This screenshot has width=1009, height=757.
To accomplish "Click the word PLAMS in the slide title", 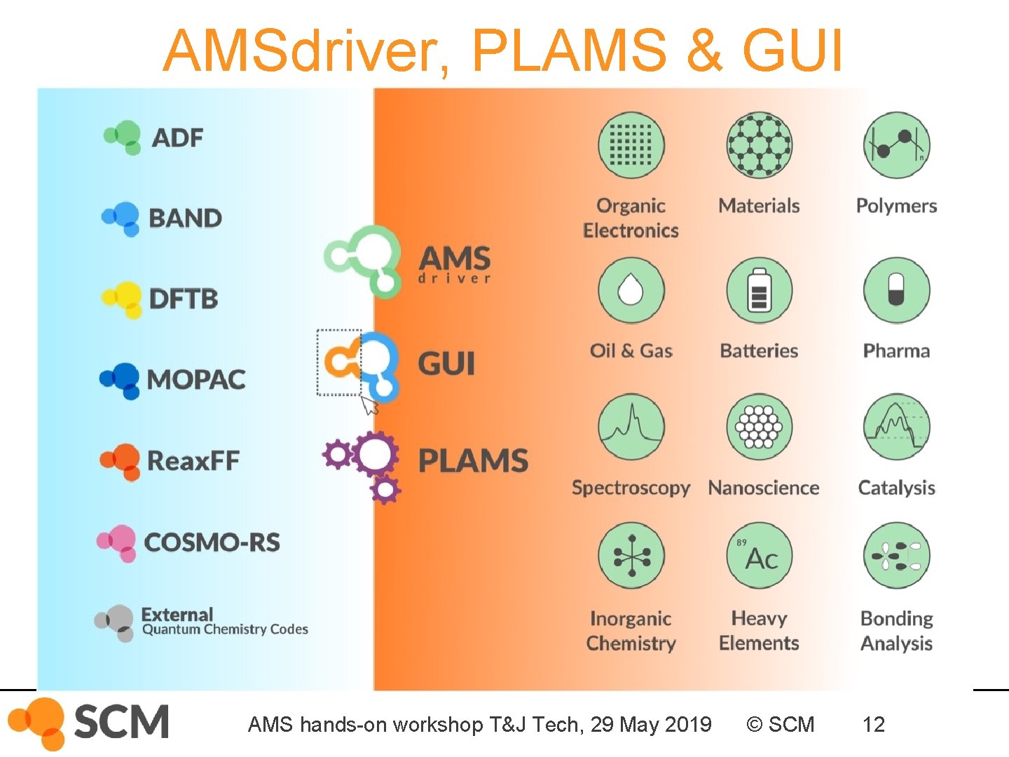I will click(569, 50).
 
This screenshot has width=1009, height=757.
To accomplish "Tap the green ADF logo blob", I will click(124, 136).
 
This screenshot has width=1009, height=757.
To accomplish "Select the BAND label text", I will click(185, 218).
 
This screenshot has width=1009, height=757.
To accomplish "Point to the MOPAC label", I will click(196, 379).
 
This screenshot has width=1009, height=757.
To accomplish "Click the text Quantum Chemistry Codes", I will click(225, 629).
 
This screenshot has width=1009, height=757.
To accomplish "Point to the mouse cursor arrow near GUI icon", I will click(369, 404).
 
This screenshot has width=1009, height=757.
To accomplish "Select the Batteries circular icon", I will click(759, 289).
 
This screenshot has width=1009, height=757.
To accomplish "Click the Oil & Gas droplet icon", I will click(631, 289).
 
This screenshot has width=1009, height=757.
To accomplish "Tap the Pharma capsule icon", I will click(896, 289).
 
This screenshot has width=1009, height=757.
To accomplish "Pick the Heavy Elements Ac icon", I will click(759, 555).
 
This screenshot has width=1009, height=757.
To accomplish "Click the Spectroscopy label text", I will click(631, 487).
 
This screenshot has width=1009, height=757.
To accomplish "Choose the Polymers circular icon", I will click(896, 144).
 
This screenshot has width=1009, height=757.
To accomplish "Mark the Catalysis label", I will click(896, 487).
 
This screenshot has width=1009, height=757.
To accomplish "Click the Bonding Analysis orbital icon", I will click(896, 555).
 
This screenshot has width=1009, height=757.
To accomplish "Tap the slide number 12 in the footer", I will click(873, 724).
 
